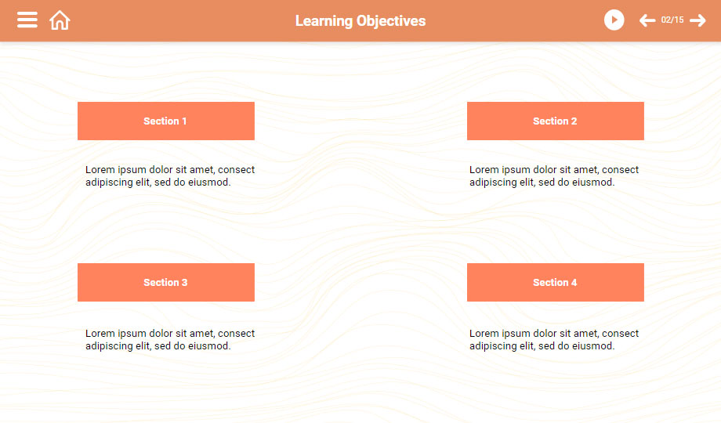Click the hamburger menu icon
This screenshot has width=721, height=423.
coord(27,20)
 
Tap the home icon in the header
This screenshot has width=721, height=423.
coord(60,20)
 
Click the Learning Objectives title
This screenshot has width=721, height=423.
coord(360,21)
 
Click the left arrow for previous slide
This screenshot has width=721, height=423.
coord(647,20)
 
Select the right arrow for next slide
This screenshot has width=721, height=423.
coord(697,20)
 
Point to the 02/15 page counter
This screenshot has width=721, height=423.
coord(672,20)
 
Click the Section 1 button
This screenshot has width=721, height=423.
coord(166,121)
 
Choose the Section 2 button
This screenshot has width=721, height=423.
coord(556,121)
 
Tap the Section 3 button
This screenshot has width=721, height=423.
coord(166,282)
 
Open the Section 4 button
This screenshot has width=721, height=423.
coord(556,282)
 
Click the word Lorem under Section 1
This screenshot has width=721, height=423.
coord(100,170)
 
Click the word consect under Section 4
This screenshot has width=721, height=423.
coord(621,334)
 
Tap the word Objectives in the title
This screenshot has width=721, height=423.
coord(391,21)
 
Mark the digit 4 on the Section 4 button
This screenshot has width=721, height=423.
coord(574,282)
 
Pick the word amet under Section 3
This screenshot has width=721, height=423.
coord(201,334)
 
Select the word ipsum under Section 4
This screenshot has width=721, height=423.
coord(516,334)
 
